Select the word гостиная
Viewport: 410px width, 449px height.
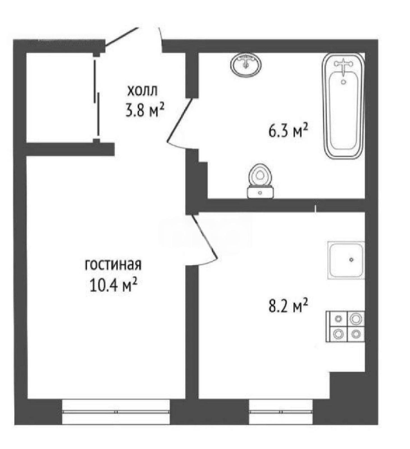click(113, 265)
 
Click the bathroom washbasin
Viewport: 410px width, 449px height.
click(246, 65)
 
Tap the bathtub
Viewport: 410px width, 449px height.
click(343, 106)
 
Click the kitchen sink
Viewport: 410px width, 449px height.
click(346, 260)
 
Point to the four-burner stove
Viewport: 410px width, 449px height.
click(345, 326)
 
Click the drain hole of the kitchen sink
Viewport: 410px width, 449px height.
click(351, 260)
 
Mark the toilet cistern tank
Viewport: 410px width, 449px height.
click(260, 193)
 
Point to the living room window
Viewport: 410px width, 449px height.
click(116, 412)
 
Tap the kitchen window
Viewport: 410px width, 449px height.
click(281, 412)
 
